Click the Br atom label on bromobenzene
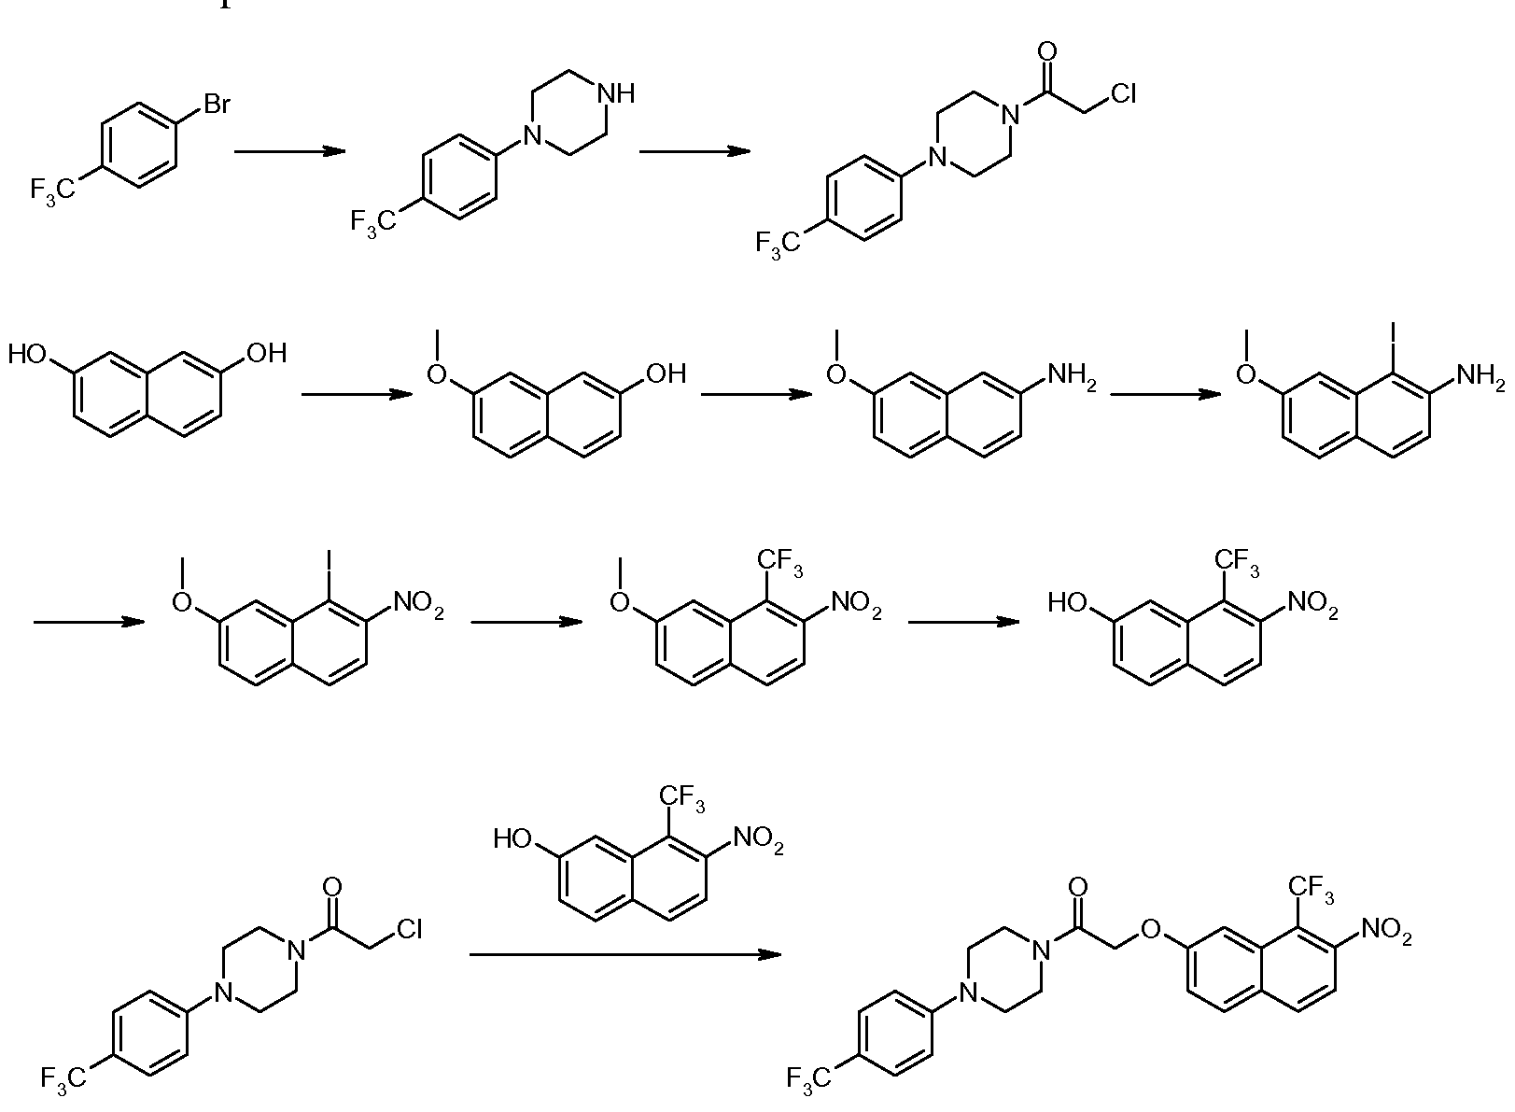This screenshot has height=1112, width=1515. [x=217, y=105]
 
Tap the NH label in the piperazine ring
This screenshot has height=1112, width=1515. [x=616, y=94]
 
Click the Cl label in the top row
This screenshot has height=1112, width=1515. [x=1123, y=94]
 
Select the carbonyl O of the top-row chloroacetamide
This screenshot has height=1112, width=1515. [x=1047, y=51]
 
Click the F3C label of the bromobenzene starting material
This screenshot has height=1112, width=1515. [x=53, y=190]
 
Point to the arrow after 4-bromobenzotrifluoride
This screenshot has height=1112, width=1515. [x=289, y=151]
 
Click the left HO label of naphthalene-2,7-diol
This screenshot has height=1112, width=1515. [x=27, y=354]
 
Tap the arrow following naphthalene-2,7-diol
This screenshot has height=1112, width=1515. [x=357, y=394]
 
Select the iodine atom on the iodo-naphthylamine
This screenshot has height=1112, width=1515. [x=1394, y=332]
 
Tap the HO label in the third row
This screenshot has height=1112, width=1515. [x=1067, y=602]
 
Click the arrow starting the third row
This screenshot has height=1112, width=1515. [x=90, y=622]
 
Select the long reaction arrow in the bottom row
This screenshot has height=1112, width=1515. [x=625, y=954]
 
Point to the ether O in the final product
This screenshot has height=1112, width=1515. [x=1150, y=929]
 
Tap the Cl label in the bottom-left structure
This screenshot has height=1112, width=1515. [x=409, y=929]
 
